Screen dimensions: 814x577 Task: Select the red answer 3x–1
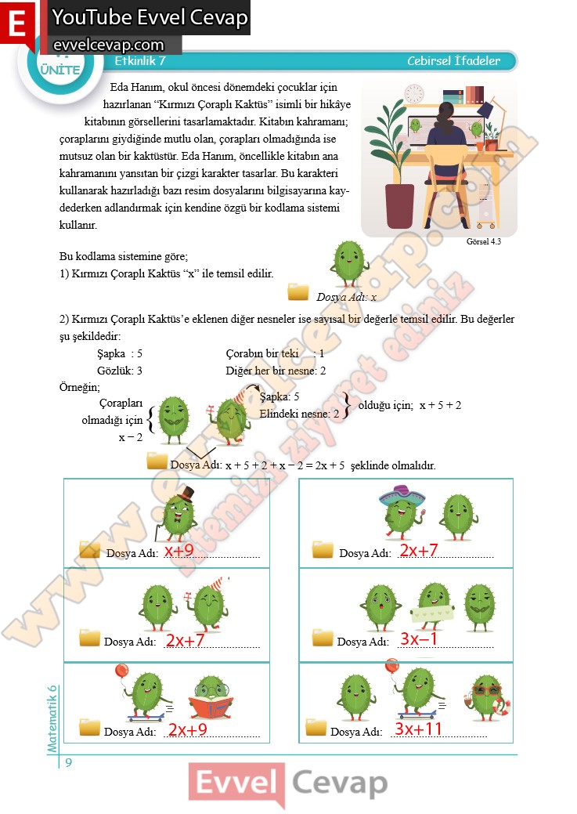tap(418, 639)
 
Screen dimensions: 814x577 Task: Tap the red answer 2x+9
tap(187, 729)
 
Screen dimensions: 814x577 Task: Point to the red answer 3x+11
tap(419, 729)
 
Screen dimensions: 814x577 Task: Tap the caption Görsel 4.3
tap(482, 242)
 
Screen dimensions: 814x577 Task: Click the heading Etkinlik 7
tap(140, 60)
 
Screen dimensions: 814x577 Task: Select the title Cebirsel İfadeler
tap(453, 60)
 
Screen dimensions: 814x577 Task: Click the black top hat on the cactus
tap(185, 495)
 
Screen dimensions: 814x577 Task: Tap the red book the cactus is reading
tap(209, 708)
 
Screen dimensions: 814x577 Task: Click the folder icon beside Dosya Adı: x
tap(298, 292)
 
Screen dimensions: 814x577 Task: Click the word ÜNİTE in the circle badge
tap(59, 70)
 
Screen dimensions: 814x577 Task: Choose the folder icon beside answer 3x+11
tap(316, 727)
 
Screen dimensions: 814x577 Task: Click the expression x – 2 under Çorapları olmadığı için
tap(131, 437)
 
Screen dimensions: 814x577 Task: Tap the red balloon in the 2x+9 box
tap(121, 671)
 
